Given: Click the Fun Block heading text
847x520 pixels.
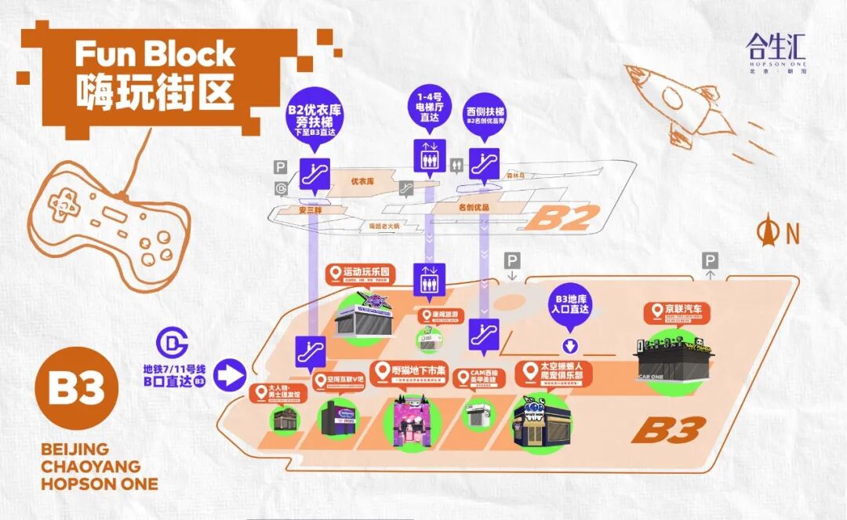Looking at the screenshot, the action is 154,55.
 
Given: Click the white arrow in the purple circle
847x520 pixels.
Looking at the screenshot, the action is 230,374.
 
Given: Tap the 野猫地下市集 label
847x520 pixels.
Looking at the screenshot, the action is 413,372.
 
